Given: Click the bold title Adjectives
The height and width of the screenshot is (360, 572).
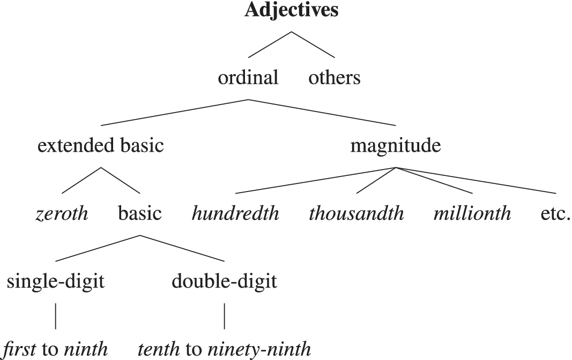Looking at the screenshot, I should click(x=292, y=11).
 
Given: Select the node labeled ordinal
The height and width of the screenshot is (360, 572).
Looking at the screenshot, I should click(x=248, y=78).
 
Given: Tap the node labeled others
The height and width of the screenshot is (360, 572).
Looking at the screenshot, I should click(x=335, y=78).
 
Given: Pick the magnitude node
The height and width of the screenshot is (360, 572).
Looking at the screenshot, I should click(x=396, y=146).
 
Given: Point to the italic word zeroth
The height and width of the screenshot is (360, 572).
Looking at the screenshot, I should click(x=62, y=214).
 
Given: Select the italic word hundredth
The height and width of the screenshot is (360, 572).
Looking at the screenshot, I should click(x=236, y=214).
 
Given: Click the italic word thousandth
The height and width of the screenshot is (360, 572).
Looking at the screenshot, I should click(x=356, y=214).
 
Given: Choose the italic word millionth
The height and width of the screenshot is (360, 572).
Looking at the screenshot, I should click(x=472, y=214).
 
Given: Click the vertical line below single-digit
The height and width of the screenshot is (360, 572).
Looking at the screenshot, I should click(x=56, y=316).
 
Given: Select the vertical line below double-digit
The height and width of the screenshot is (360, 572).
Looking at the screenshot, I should click(x=225, y=316).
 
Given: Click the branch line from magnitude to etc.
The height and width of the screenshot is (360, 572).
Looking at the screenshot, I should click(x=477, y=181).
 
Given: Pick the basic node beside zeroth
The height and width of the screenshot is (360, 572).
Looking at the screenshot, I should click(x=139, y=214).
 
